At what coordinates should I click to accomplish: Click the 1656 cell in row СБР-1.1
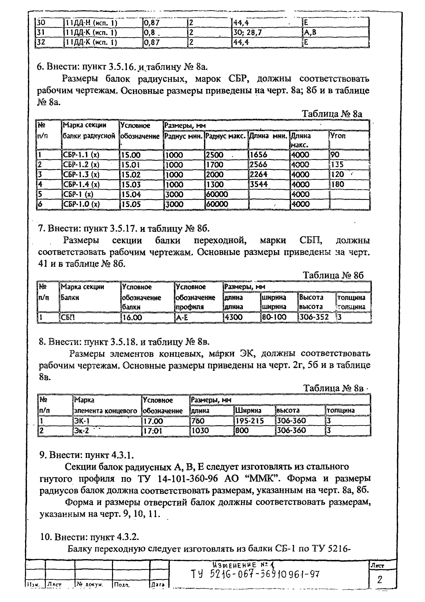pyautogui.click(x=258, y=155)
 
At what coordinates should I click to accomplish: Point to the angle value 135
pyautogui.click(x=337, y=165)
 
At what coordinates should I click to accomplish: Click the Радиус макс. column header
pyautogui.click(x=226, y=136)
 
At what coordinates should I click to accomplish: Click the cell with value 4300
pyautogui.click(x=234, y=317)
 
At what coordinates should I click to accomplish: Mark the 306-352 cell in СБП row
pyautogui.click(x=314, y=317)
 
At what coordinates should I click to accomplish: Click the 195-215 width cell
pyautogui.click(x=250, y=421)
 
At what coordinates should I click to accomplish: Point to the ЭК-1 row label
pyautogui.click(x=82, y=421)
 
